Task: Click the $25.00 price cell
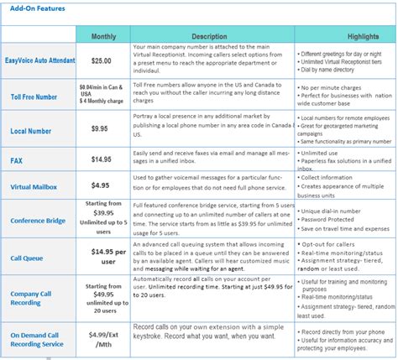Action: tap(102, 61)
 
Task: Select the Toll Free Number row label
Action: tap(34, 97)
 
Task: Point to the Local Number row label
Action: tap(31, 133)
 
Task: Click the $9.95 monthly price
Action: tap(102, 130)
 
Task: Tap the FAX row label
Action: tap(16, 159)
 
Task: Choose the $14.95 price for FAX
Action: tap(102, 159)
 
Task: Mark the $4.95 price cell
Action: tap(102, 185)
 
